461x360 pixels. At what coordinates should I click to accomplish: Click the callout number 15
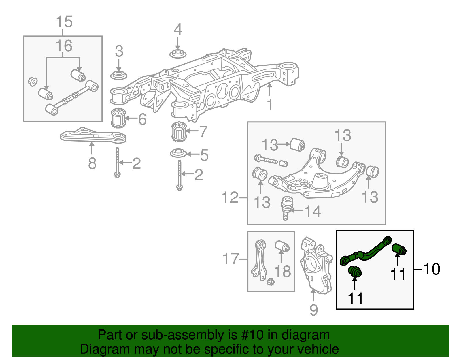coord(64,22)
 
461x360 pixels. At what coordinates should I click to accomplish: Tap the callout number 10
coord(432,269)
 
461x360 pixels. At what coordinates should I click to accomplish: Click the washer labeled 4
coord(178,54)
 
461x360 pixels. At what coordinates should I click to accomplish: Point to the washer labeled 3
coord(119,76)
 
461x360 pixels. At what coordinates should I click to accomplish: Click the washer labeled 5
coord(178,153)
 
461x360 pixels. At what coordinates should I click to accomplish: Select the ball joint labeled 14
coord(287,207)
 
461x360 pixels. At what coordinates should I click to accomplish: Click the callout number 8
coord(92,163)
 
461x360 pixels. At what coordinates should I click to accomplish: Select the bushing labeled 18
coord(282,246)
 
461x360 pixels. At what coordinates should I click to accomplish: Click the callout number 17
coord(231,259)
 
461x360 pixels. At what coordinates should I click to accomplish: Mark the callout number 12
coord(230,198)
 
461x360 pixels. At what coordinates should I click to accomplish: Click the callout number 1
coord(270,105)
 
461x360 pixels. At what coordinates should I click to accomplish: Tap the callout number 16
coord(64,46)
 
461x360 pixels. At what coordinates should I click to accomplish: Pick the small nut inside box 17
coord(271,282)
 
